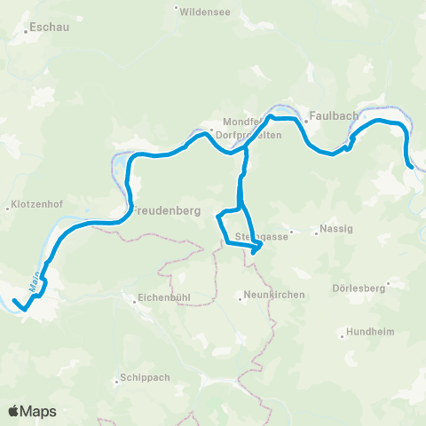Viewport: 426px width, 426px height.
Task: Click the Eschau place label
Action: pyautogui.click(x=50, y=28)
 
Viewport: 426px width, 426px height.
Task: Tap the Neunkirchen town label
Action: pyautogui.click(x=274, y=294)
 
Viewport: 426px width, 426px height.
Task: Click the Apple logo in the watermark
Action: pyautogui.click(x=14, y=411)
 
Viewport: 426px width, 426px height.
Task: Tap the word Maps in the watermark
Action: pyautogui.click(x=39, y=411)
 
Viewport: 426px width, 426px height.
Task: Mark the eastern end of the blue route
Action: pyautogui.click(x=411, y=166)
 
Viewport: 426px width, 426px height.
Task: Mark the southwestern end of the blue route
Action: pyautogui.click(x=14, y=302)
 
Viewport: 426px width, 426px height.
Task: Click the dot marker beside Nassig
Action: pyautogui.click(x=317, y=233)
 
